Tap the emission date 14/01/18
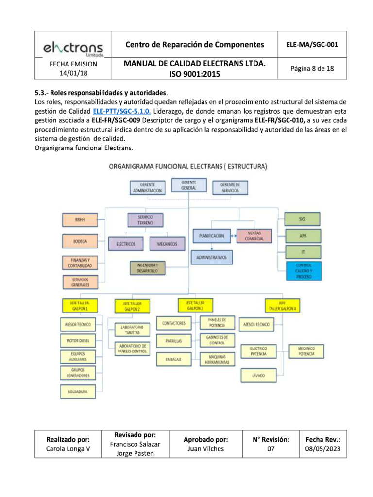pyautogui.click(x=73, y=73)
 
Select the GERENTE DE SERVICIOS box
pyautogui.click(x=230, y=188)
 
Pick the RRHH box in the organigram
pyautogui.click(x=79, y=220)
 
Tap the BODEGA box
pyautogui.click(x=79, y=241)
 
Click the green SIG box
pyautogui.click(x=303, y=219)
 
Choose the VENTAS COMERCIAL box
pyautogui.click(x=254, y=236)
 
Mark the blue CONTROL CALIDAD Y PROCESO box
pyautogui.click(x=304, y=270)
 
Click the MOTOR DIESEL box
pyautogui.click(x=77, y=341)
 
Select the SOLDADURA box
pyautogui.click(x=77, y=391)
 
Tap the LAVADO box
pyautogui.click(x=258, y=375)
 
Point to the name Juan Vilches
pyautogui.click(x=206, y=448)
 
